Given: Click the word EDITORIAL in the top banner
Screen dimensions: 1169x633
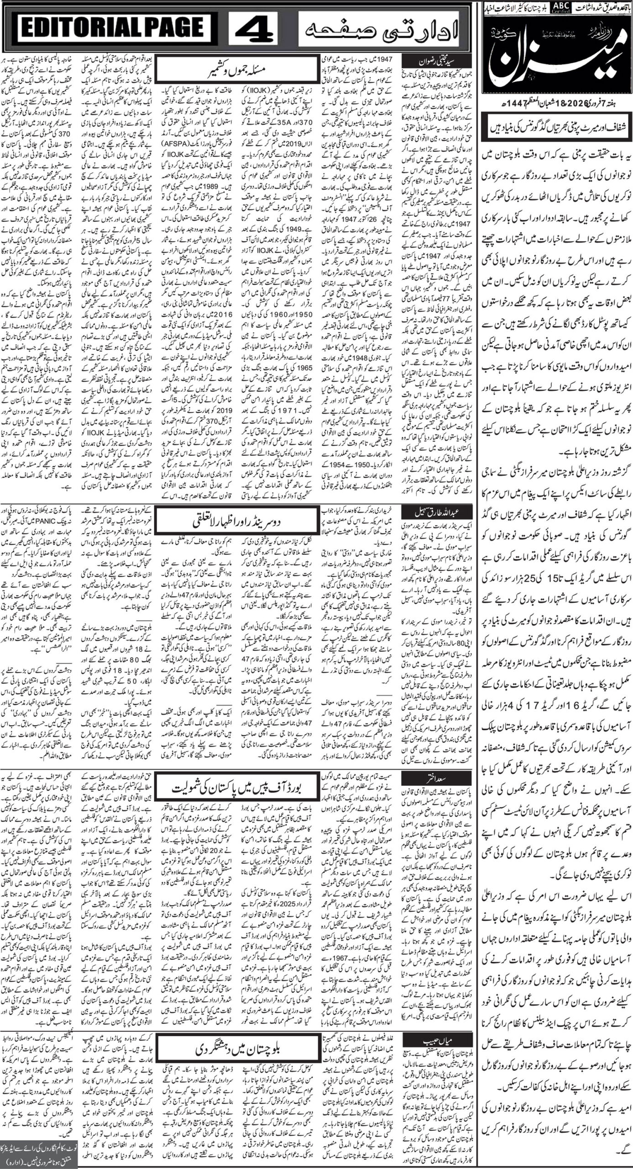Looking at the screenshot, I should click(x=68, y=33).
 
